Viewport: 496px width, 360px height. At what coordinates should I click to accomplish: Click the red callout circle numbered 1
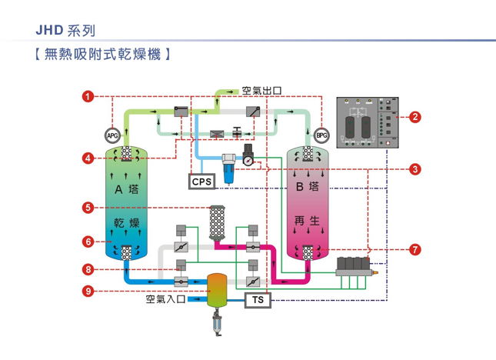[x=89, y=96]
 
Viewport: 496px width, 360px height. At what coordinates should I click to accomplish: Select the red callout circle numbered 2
[x=414, y=118]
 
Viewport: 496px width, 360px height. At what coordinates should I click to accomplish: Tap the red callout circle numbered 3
[x=414, y=169]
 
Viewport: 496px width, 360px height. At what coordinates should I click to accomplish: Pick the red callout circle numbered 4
[x=89, y=158]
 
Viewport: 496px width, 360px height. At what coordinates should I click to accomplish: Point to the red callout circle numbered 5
[x=89, y=207]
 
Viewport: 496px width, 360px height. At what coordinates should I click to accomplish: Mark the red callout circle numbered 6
[x=89, y=242]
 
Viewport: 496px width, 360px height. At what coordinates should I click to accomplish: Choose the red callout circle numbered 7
[x=414, y=249]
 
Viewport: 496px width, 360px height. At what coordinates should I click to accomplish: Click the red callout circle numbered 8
[x=89, y=269]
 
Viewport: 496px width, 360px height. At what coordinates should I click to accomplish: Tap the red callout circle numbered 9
[x=89, y=291]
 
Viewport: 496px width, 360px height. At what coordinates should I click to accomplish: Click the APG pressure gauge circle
[x=112, y=137]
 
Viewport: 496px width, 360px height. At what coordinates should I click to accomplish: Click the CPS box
[x=201, y=182]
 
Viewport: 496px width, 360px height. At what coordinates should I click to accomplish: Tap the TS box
[x=256, y=299]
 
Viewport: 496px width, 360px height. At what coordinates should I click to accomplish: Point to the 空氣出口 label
[x=261, y=91]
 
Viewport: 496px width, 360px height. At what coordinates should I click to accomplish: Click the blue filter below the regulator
[x=229, y=168]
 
